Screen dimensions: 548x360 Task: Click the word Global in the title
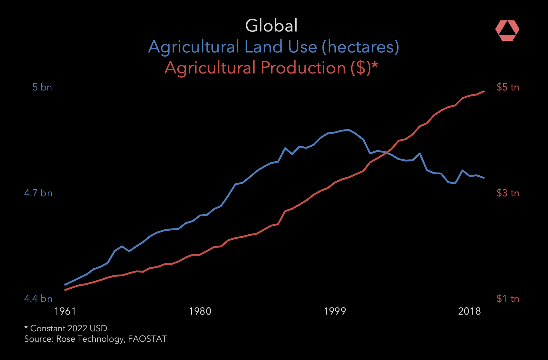click(x=271, y=25)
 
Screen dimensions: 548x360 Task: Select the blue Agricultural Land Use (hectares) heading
click(x=274, y=47)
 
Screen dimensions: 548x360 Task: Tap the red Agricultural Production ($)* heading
click(x=271, y=68)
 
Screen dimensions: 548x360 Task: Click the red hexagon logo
click(x=507, y=31)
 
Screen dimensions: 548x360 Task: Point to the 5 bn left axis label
click(x=42, y=87)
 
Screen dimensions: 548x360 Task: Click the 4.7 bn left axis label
click(x=38, y=193)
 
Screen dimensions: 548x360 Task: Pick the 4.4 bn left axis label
click(x=38, y=299)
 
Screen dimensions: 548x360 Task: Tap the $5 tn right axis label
click(x=508, y=87)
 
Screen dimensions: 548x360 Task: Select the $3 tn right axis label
click(x=508, y=193)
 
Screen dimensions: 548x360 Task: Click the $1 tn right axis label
click(x=508, y=299)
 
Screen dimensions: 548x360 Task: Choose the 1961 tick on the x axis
click(x=65, y=311)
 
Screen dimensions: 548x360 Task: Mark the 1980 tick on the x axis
click(x=200, y=311)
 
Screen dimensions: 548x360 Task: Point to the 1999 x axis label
click(x=335, y=311)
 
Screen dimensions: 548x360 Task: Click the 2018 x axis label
click(x=470, y=311)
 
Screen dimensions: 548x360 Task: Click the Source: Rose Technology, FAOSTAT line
click(x=95, y=339)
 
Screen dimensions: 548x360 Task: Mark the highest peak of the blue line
click(x=349, y=130)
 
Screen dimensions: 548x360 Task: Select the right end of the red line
click(x=484, y=91)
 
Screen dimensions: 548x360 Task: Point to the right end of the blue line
click(x=484, y=178)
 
